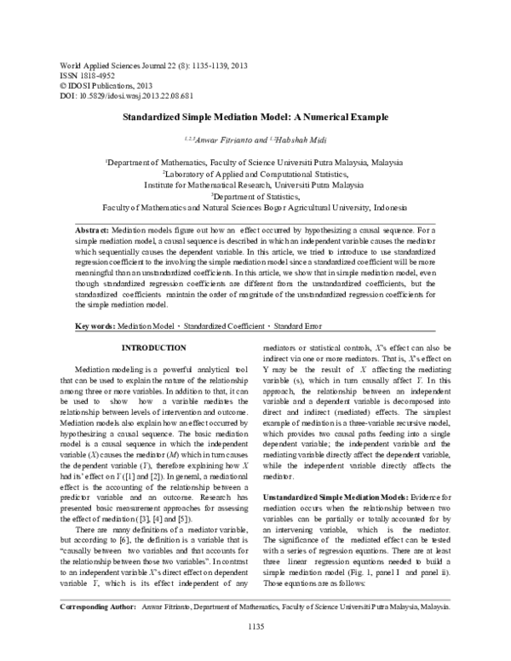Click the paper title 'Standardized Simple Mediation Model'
click(x=255, y=116)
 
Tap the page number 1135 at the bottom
click(x=256, y=650)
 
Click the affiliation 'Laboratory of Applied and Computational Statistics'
click(x=255, y=171)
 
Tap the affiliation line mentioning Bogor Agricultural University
click(x=255, y=207)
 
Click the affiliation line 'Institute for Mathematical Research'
click(x=255, y=183)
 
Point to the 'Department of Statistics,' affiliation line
click(x=255, y=195)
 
